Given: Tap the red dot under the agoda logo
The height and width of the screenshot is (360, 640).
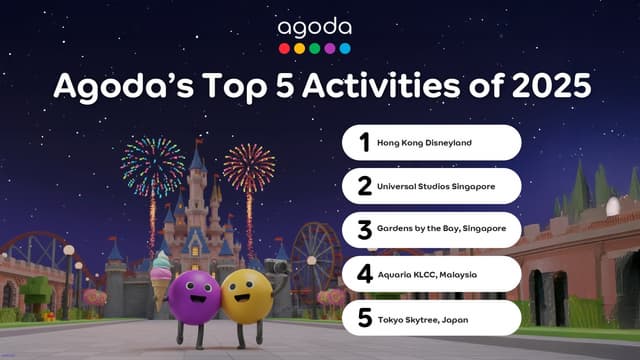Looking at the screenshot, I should click(x=284, y=48).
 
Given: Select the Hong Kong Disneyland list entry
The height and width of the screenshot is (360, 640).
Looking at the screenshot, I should click(x=424, y=143).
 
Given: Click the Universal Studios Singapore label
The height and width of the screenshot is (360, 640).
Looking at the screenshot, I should click(x=435, y=186).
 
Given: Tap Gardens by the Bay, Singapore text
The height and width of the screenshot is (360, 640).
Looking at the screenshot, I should click(x=441, y=229).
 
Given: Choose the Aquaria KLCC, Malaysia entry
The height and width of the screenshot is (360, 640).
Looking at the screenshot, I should click(x=427, y=273).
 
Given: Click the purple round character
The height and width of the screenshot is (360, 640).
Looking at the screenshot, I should click(x=194, y=296).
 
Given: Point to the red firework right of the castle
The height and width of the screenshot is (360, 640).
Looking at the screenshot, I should click(x=249, y=168).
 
